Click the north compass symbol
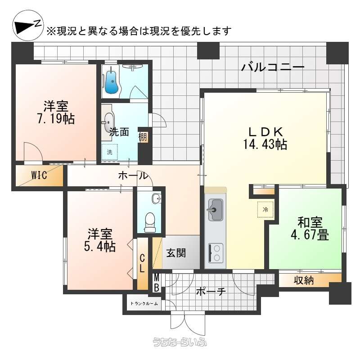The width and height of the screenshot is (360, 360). coord(28,26)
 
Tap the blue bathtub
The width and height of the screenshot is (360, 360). coord(112,81)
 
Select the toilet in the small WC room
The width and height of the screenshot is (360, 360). coord(150,222)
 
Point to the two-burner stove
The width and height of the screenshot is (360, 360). coord(216,253)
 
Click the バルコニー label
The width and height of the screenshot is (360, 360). coord(273,67)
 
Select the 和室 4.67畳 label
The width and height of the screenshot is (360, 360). coord(310,229)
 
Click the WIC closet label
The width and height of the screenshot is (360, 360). coord(39,175)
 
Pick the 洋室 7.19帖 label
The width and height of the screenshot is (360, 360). coord(56,112)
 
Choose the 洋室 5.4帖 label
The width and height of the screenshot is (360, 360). coord(99,240)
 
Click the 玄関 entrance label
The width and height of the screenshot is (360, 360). coord(176,253)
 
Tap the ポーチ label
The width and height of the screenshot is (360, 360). coord(211,292)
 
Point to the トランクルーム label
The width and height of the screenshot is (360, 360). coord(144,303)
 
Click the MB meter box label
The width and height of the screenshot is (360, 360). coord(157,283)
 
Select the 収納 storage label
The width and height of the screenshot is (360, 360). coord(303,280)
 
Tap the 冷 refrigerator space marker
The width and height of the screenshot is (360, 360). coord(265,209)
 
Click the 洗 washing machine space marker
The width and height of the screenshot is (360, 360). coord(109,152)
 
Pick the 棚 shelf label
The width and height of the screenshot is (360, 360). coord(143,137)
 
